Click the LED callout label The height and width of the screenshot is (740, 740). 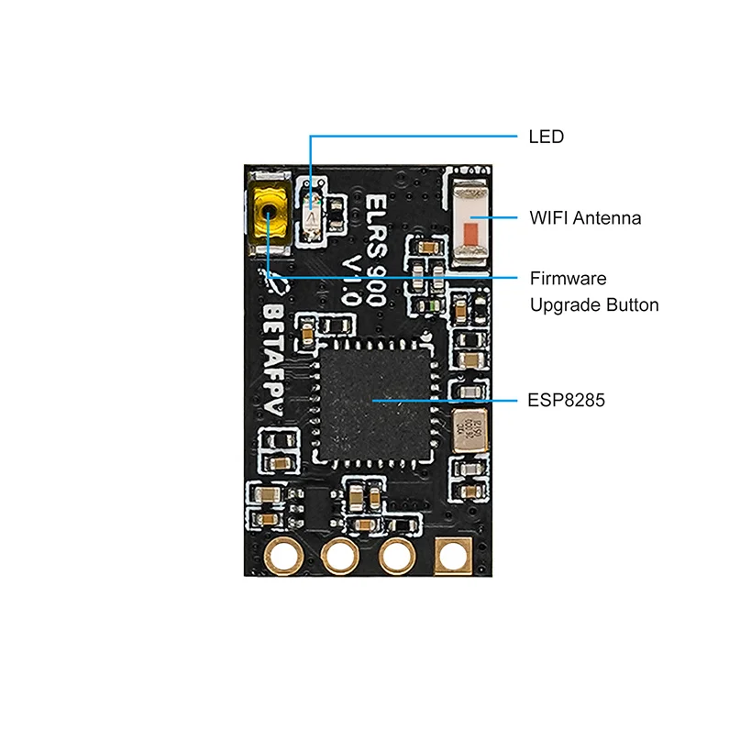(546, 138)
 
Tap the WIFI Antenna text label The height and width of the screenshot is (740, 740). (585, 218)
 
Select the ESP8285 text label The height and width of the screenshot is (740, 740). (567, 401)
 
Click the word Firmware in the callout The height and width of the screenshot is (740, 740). (568, 278)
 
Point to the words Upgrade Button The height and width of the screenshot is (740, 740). (594, 304)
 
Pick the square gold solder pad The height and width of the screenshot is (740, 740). (454, 556)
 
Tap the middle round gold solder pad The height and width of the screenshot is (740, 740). (340, 556)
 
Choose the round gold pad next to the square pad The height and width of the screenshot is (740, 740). (397, 556)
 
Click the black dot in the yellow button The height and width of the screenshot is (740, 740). (269, 211)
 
